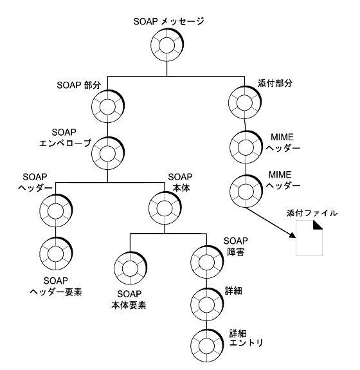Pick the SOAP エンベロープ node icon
107,153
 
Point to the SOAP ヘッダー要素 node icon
55,253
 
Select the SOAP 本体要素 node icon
130,265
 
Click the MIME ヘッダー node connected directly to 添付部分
245,147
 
